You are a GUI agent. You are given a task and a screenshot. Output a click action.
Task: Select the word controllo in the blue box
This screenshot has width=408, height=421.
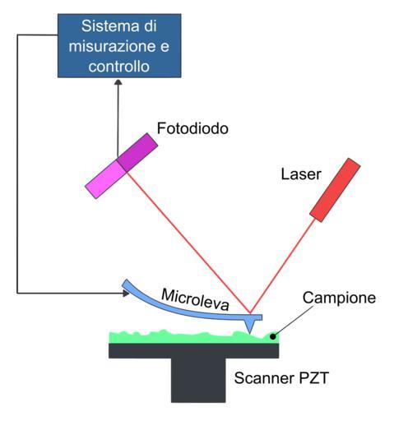119,67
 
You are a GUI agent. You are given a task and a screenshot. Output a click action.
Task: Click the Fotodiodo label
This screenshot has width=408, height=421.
192,128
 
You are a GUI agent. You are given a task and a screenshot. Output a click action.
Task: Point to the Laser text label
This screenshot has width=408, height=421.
301,174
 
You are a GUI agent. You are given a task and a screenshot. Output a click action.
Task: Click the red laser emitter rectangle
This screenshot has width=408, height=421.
335,190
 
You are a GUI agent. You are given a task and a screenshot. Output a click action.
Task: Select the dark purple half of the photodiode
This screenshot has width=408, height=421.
137,152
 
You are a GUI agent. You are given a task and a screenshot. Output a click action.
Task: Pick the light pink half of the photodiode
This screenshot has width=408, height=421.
105,178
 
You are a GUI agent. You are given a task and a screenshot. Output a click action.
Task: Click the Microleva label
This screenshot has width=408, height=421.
195,299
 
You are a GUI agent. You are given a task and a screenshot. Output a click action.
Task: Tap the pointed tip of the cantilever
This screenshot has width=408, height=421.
250,333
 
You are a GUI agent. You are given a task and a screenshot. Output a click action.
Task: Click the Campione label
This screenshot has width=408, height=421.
339,298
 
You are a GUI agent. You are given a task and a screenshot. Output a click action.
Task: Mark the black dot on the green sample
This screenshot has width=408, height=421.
272,336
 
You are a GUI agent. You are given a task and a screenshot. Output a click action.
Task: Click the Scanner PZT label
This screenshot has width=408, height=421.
281,378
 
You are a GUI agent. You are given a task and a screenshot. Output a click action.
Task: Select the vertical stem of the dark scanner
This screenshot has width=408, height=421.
198,380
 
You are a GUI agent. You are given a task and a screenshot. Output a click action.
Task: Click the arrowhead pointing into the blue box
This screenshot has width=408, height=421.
118,82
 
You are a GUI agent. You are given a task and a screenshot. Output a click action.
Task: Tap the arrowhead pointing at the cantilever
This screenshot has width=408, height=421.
126,294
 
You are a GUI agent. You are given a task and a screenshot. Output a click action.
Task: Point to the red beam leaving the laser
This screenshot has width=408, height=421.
283,266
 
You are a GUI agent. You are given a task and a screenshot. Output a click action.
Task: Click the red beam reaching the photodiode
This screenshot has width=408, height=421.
188,242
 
